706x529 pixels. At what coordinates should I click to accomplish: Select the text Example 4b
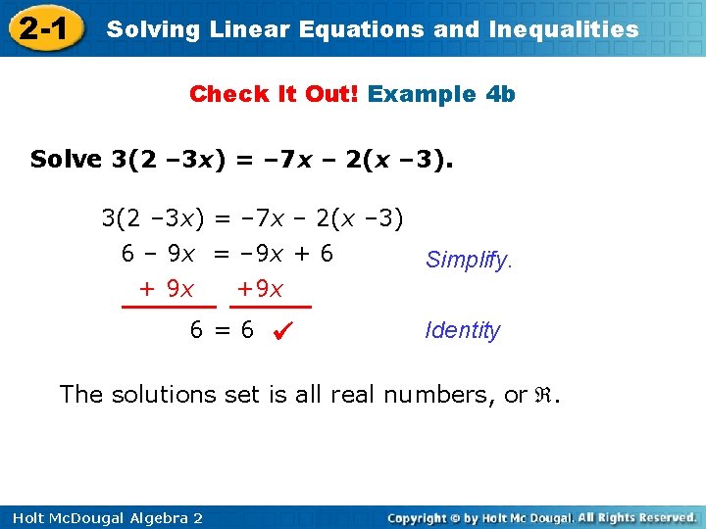441,94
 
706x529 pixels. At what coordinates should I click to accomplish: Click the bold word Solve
66,159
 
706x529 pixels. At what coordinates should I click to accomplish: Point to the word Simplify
469,260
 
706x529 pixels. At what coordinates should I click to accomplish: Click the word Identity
462,330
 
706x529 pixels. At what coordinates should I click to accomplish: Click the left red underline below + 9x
168,307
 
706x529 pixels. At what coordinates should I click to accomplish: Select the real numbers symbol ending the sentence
545,395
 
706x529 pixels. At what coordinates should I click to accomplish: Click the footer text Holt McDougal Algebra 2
102,517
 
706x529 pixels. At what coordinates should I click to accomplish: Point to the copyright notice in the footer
541,517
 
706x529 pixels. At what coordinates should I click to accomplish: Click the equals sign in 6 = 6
222,330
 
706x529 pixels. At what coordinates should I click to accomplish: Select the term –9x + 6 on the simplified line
286,254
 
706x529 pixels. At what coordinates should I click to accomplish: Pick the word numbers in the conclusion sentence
439,394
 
